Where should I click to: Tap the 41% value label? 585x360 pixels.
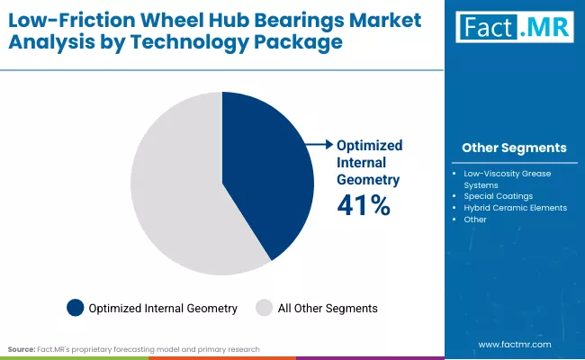[364, 206]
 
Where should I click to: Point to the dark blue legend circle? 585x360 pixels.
[76, 308]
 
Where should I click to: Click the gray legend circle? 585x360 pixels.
[265, 308]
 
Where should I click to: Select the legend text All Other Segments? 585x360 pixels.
[328, 308]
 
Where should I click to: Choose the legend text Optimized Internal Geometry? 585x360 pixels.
[163, 308]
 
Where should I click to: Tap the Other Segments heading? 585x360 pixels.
[514, 148]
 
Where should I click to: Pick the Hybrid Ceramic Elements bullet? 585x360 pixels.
[515, 207]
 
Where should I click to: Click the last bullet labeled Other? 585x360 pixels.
[475, 219]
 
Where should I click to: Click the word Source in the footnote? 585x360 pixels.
[22, 347]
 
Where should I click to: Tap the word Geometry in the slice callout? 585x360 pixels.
[368, 179]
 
